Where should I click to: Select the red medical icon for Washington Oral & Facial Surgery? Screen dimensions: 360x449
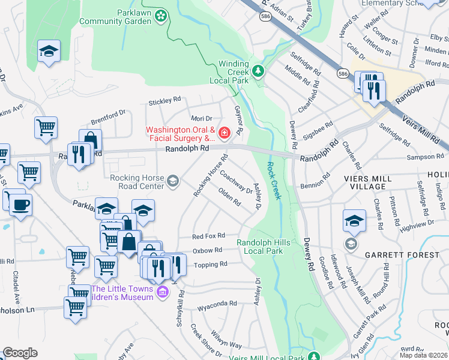point(224,133)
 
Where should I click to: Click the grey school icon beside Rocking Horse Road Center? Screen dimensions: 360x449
point(173,181)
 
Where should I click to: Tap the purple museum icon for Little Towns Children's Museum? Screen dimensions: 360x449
point(161,292)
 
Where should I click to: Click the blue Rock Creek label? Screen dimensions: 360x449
point(273,181)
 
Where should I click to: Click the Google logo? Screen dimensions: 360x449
point(20,353)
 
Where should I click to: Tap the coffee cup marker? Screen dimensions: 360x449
point(20,204)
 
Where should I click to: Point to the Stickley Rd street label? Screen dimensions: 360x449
point(164,100)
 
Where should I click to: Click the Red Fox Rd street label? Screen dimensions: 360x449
point(208,236)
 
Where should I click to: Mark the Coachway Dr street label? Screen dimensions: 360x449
point(236,182)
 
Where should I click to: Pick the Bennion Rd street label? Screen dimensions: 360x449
point(319,178)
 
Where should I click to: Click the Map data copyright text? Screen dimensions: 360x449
point(423,355)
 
